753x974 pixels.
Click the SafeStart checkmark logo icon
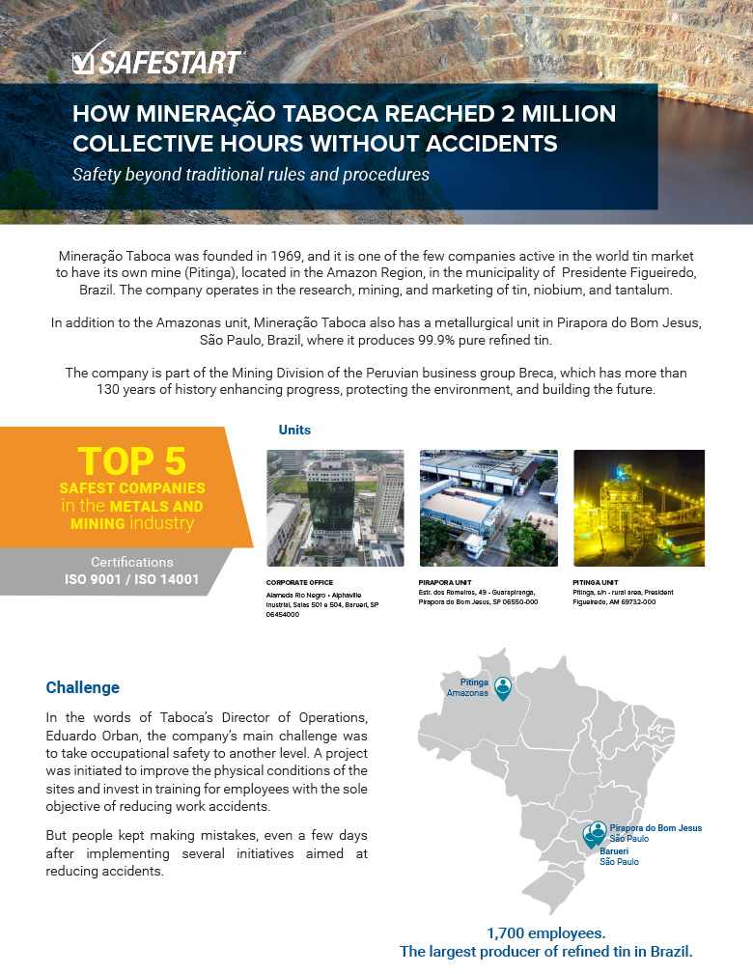(84, 63)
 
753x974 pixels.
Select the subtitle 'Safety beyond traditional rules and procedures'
(251, 175)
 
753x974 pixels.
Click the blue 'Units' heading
(294, 430)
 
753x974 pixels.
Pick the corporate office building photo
(335, 508)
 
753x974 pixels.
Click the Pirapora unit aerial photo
(488, 508)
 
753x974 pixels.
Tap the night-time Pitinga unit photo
(639, 508)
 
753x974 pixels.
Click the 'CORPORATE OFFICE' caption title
(296, 583)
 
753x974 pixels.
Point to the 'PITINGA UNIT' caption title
(597, 583)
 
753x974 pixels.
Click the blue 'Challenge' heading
(83, 688)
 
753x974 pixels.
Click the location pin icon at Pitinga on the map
(503, 686)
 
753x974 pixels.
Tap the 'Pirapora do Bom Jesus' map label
(655, 828)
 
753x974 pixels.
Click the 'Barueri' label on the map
(615, 851)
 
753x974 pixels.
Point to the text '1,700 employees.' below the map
(545, 933)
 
